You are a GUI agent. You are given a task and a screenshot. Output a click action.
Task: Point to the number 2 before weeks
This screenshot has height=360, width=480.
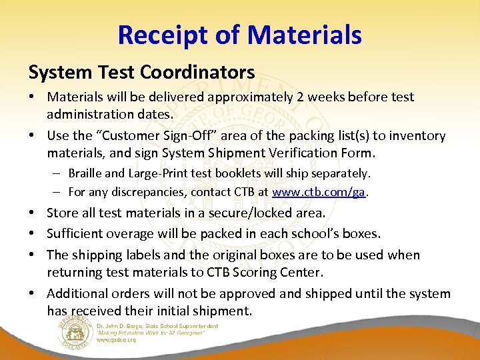coord(301,97)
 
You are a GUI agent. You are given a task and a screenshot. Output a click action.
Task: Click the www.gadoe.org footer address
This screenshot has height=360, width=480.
coord(116,340)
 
